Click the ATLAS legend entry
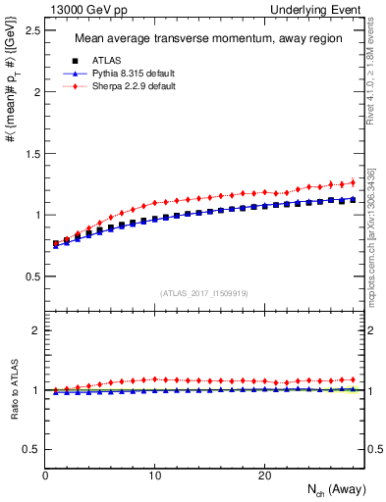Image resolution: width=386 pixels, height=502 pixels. (x=105, y=62)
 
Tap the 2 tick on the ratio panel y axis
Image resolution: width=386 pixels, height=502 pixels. (x=36, y=330)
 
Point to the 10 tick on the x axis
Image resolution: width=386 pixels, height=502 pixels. (x=154, y=476)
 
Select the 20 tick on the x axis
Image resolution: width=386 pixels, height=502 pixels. (x=264, y=476)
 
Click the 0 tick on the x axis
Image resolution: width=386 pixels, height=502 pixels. (x=45, y=476)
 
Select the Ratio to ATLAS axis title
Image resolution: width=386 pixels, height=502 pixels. (x=13, y=389)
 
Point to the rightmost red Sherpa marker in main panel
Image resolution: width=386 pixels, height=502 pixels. (x=353, y=182)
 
